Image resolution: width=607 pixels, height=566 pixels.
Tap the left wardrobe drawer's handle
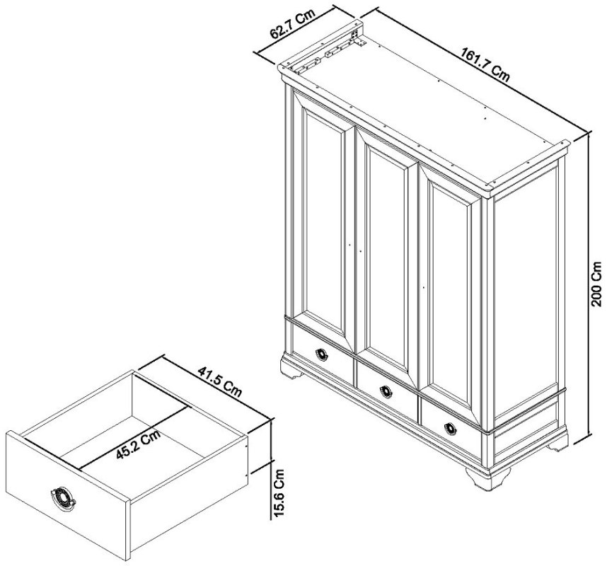point(322,354)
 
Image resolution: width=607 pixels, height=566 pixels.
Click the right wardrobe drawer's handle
point(451,427)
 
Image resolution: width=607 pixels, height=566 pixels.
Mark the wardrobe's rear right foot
point(560,443)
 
